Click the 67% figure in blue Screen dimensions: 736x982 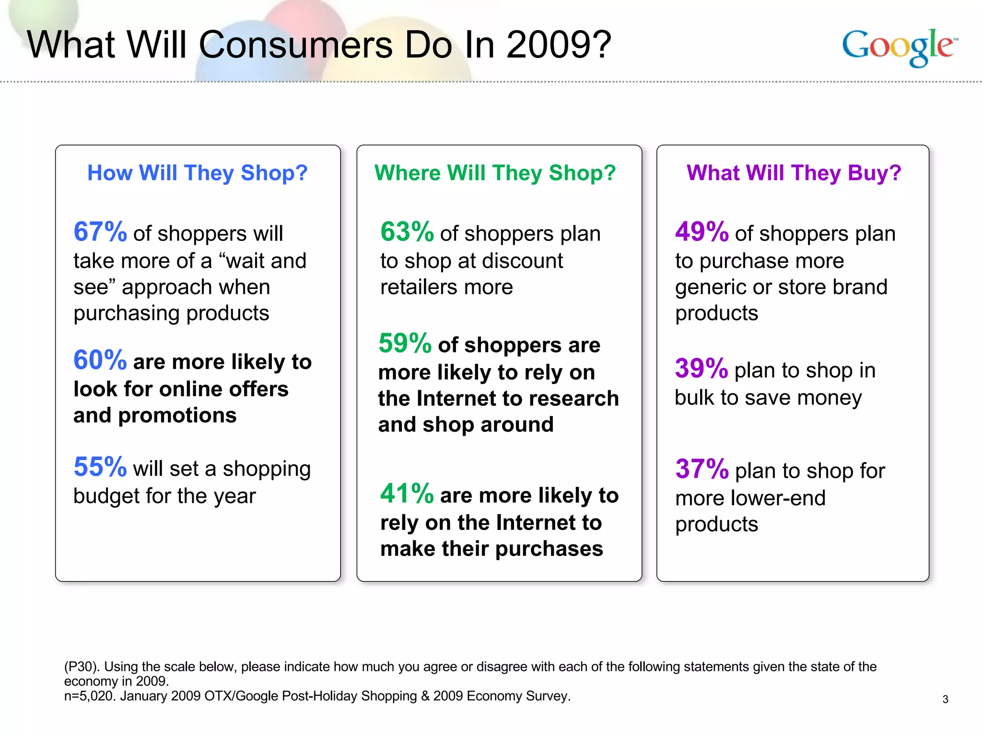100,232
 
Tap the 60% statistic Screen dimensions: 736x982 100,360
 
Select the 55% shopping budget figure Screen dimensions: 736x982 100,467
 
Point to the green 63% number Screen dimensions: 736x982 407,232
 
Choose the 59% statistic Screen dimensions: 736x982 405,344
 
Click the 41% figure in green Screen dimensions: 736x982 407,494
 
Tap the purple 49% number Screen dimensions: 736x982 701,232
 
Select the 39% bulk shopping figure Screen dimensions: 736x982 701,369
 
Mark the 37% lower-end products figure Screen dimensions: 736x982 701,469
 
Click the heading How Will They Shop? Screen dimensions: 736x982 197,172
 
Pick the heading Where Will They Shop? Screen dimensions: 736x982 495,172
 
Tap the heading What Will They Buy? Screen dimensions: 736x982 794,172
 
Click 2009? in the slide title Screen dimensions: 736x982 559,45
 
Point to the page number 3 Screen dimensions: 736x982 945,699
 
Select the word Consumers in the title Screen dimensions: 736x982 296,45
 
